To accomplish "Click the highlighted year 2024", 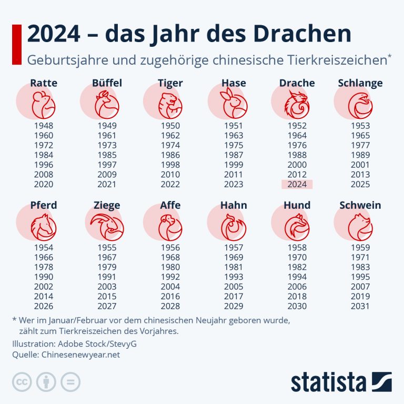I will [x=297, y=184].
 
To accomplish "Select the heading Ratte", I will [x=44, y=83].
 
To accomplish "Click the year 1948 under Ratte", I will [x=44, y=126].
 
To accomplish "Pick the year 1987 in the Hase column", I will [x=234, y=155].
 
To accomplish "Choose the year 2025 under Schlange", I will [x=360, y=184].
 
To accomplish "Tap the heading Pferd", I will [x=44, y=205].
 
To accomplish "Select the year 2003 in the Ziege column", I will [x=107, y=287].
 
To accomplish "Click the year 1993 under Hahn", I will [x=234, y=277].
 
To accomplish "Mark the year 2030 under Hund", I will [x=297, y=306].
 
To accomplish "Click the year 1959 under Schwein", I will [x=360, y=247].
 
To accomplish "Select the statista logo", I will [x=341, y=382].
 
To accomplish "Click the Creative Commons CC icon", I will [x=22, y=382].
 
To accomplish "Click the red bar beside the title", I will [x=16, y=44].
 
